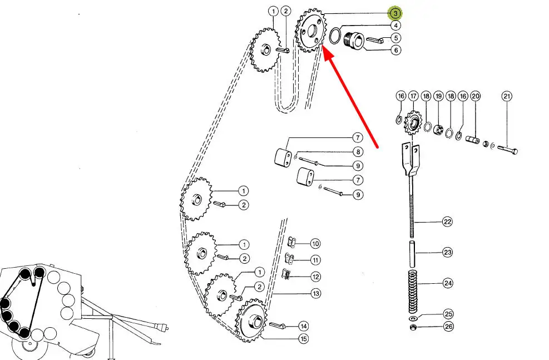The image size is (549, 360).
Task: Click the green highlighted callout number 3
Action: pos(395,13)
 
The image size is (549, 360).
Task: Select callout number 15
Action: pos(303,339)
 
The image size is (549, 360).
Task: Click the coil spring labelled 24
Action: pos(413,292)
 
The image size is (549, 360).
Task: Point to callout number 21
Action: pos(507,96)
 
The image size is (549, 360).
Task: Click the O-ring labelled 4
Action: pos(335,36)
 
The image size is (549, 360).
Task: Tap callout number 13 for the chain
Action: pos(316,293)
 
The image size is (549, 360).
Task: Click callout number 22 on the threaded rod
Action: pos(447,221)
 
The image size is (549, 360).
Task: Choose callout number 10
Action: pos(315,244)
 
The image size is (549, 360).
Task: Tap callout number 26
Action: pos(448,327)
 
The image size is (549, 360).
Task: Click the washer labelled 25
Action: pos(413,318)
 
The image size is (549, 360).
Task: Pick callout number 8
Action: pos(358,152)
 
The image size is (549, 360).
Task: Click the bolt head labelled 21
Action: pos(515,151)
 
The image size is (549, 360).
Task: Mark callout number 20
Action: pos(475,96)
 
